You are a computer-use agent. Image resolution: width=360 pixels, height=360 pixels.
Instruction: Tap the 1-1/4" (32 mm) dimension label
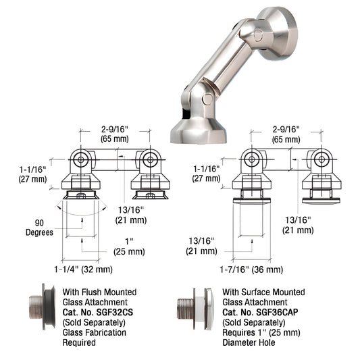tap(83, 269)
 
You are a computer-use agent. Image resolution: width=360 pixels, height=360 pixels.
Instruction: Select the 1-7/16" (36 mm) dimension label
tap(251, 269)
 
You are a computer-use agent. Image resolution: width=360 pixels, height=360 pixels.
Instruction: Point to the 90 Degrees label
tap(39, 228)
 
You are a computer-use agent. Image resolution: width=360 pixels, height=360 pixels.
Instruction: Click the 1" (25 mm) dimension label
tap(129, 247)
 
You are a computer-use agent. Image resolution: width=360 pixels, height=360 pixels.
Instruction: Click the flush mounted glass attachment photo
tap(43, 307)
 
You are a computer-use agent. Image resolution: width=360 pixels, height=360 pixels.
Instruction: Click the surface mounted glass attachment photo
tap(196, 309)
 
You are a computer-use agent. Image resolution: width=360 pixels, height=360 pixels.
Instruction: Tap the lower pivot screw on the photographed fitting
tap(208, 99)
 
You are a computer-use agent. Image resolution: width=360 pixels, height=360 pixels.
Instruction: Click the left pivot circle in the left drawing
tap(81, 159)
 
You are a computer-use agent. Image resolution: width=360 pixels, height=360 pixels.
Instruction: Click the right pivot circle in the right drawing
tap(322, 159)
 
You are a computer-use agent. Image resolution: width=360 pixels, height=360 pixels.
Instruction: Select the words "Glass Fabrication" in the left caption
tap(95, 332)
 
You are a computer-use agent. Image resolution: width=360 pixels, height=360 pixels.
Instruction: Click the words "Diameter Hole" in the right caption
tap(249, 342)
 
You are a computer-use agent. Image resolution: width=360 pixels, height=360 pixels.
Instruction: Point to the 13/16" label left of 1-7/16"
tap(201, 246)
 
